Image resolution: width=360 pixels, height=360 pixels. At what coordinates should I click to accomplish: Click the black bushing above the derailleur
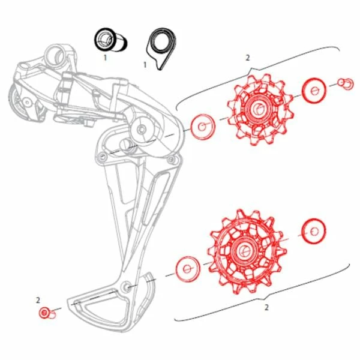pos(111,41)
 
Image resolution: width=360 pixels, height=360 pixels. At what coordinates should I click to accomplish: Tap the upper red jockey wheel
pos(260,110)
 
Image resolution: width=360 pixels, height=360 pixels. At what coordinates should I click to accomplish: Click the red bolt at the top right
pos(346,84)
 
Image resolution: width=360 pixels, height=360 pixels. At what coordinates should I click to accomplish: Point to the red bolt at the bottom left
pos(47,313)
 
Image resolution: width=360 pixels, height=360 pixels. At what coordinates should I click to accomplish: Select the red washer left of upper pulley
pos(203,127)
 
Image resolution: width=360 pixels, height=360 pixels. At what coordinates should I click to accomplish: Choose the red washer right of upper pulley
pos(314,90)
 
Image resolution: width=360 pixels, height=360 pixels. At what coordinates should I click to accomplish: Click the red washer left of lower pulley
pos(188,269)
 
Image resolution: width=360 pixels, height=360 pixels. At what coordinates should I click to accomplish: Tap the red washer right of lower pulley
pos(314,231)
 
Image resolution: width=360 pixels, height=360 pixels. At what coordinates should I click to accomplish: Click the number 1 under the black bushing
pos(105,58)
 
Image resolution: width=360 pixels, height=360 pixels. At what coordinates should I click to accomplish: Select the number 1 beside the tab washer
pos(145,65)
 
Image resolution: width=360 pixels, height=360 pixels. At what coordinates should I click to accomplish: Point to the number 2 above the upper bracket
pos(247,58)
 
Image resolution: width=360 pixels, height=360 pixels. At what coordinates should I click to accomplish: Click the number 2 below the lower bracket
pos(266,307)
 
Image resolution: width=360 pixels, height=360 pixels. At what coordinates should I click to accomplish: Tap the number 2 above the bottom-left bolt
pos(38,300)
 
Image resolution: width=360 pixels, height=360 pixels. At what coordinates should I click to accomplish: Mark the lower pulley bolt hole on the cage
pos(127,286)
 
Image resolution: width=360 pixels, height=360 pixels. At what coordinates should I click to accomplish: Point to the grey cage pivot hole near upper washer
pos(142,130)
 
